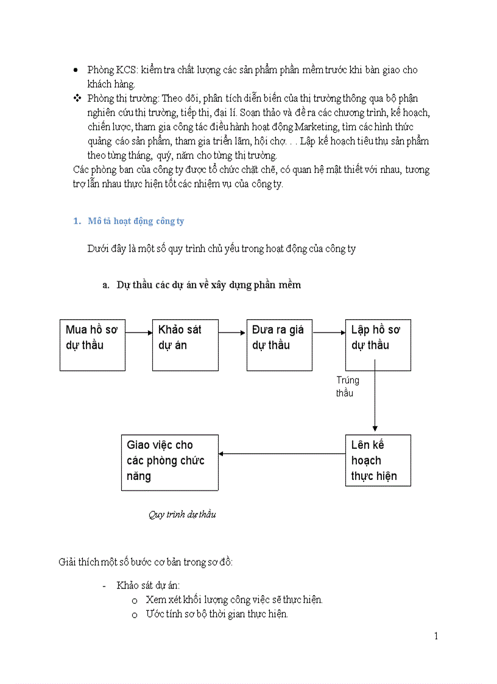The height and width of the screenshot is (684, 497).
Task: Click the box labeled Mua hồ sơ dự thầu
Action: (92, 345)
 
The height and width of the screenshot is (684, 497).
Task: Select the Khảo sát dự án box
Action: (185, 345)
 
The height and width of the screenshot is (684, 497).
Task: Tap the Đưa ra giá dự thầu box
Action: (279, 345)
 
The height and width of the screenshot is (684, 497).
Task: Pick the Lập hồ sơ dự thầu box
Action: (378, 345)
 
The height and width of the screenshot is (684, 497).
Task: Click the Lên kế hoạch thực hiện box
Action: (378, 460)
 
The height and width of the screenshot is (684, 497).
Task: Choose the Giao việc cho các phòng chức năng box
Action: (169, 462)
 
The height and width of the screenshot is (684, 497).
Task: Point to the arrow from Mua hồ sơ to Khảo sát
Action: (139, 333)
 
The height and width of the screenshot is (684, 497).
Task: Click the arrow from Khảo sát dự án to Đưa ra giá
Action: (232, 333)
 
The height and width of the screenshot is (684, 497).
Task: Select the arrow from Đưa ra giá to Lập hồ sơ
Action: (329, 333)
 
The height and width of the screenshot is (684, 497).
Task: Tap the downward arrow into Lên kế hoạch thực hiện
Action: (375, 402)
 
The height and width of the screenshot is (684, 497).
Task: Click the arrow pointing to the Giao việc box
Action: (281, 453)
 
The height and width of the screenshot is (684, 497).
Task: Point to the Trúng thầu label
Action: (347, 386)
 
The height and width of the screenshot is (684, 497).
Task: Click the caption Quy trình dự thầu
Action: (182, 515)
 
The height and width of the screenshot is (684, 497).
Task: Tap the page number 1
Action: (436, 636)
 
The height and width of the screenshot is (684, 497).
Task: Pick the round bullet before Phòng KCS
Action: (76, 71)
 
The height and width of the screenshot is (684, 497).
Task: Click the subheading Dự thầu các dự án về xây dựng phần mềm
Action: (208, 285)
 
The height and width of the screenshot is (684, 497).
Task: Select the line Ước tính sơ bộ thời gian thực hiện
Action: (216, 614)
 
